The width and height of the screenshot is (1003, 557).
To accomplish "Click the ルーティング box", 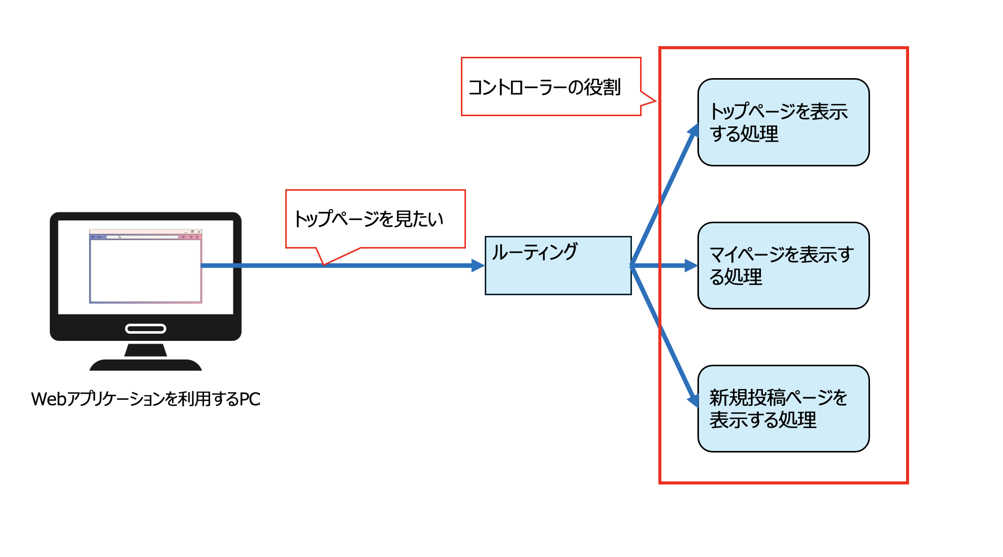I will [x=558, y=265].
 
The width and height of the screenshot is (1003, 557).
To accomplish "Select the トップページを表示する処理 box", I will [x=783, y=122].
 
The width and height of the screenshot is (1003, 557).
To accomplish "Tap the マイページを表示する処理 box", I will [x=783, y=265].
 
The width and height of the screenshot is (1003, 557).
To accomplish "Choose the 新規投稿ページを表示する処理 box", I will [x=783, y=408].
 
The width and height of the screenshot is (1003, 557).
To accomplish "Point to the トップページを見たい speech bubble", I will [x=375, y=219].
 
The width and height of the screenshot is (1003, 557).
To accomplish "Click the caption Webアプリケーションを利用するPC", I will [x=146, y=399].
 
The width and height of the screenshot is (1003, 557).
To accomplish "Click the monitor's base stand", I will [x=146, y=364].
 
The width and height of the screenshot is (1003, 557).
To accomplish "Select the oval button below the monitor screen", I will [x=146, y=329].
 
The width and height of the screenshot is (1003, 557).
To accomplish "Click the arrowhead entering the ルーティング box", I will [x=478, y=265].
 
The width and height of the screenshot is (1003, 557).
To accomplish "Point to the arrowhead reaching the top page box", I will [x=694, y=130].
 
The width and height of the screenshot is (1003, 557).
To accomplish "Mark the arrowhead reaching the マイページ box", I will [x=691, y=265].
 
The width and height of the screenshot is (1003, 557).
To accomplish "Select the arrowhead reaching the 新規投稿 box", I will [x=693, y=400].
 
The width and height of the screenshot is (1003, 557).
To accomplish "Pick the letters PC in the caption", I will [x=250, y=399].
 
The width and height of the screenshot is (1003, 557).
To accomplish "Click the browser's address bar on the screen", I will [x=142, y=237].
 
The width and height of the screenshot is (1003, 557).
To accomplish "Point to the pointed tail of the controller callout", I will [x=655, y=101].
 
